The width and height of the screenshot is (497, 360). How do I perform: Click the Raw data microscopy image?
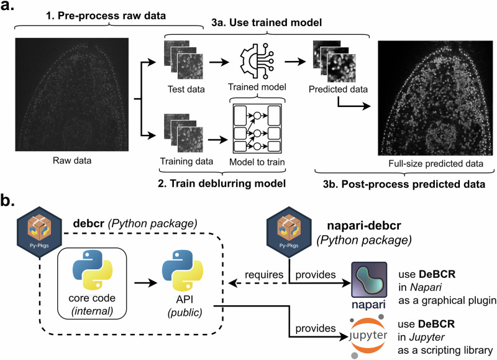pyautogui.click(x=72, y=95)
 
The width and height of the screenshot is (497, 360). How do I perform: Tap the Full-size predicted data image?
pyautogui.click(x=435, y=98)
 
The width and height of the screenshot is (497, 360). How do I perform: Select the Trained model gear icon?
pyautogui.click(x=257, y=61)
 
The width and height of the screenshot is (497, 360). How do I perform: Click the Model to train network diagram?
pyautogui.click(x=257, y=129)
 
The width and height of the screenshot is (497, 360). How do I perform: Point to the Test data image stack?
pyautogui.click(x=183, y=60)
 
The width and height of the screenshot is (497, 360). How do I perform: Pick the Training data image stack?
pyautogui.click(x=183, y=133)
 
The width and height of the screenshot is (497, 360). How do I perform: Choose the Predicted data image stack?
pyautogui.click(x=334, y=61)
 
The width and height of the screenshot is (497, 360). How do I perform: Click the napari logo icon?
pyautogui.click(x=369, y=279)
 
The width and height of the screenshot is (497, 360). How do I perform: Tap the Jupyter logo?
pyautogui.click(x=368, y=336)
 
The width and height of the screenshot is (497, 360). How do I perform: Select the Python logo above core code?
pyautogui.click(x=93, y=270)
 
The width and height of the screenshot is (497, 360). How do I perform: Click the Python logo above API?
pyautogui.click(x=183, y=270)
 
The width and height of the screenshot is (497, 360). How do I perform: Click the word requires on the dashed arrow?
pyautogui.click(x=264, y=275)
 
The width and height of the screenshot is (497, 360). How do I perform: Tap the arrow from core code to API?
pyautogui.click(x=145, y=282)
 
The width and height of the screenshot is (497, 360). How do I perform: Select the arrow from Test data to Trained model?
pyautogui.click(x=219, y=62)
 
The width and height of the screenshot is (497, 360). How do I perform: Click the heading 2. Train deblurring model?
pyautogui.click(x=222, y=183)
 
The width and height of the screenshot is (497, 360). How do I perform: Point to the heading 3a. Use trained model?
pyautogui.click(x=267, y=22)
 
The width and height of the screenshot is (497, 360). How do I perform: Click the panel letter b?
pyautogui.click(x=7, y=200)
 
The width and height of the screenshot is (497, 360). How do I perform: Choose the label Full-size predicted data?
pyautogui.click(x=436, y=164)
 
